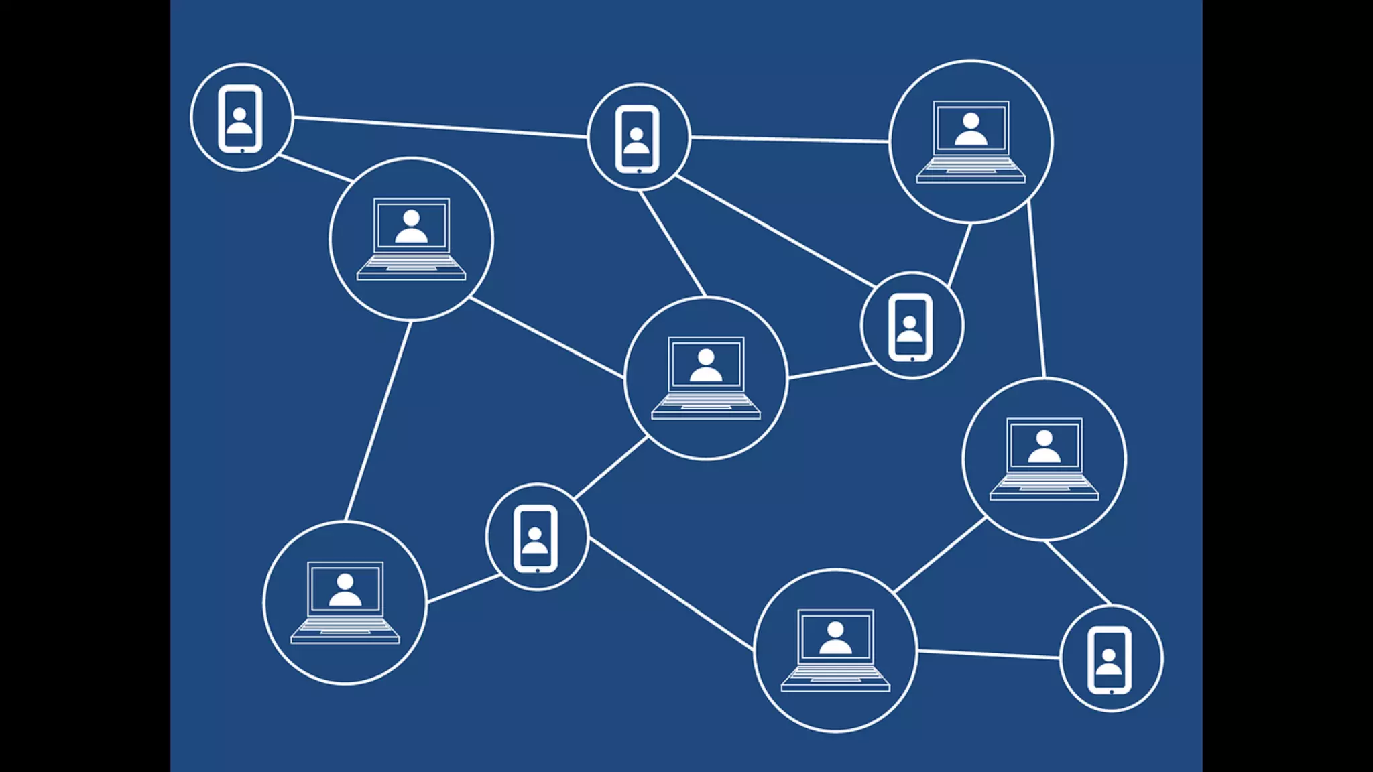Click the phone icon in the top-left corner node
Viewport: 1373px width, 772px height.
tap(240, 119)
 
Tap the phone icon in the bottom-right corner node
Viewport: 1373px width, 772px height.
tap(1109, 660)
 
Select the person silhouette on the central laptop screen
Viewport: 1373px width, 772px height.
tap(706, 365)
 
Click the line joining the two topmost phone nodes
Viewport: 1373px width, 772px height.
tap(440, 127)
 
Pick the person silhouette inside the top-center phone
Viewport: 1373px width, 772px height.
tap(636, 141)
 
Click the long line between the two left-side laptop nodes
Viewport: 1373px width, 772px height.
tap(378, 421)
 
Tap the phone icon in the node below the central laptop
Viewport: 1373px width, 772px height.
tap(536, 539)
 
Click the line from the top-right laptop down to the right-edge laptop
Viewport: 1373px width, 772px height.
tap(1036, 289)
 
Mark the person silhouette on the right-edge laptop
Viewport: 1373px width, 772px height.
tap(1044, 447)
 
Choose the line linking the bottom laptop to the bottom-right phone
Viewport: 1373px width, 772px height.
tap(989, 654)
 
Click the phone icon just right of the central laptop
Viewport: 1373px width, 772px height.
tap(910, 327)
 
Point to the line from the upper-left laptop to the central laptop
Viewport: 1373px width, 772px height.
tap(546, 337)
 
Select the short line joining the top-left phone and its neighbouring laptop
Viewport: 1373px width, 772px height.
tap(315, 168)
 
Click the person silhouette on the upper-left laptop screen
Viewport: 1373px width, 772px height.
tap(411, 227)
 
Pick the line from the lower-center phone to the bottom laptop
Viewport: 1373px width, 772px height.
tap(671, 594)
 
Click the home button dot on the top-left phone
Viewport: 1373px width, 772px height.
tap(242, 151)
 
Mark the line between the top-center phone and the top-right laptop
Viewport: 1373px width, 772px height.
tap(790, 139)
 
